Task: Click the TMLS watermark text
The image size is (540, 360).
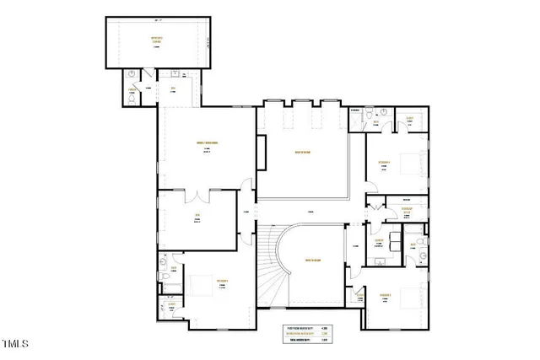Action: tap(15, 343)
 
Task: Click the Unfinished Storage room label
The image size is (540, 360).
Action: tap(157, 39)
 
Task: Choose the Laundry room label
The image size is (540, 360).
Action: tap(381, 241)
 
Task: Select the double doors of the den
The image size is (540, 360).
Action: tap(199, 196)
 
